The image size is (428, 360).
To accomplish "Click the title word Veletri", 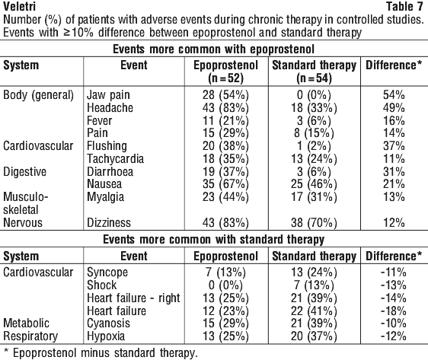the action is coord(19,7).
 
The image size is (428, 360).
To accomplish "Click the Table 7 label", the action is coord(404,7).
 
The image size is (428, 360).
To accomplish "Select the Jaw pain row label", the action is coord(108,95).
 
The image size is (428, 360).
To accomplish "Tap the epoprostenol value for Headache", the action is coord(225,108).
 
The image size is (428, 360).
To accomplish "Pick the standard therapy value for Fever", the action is coord(314,120).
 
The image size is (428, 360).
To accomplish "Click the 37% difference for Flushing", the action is coord(394,146).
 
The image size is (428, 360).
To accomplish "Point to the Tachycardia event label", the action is coord(115,159).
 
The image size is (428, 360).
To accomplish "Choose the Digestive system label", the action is coord(25,172).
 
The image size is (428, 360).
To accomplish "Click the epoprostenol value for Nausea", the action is coord(225,184).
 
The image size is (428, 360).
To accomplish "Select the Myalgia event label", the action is coord(105,197).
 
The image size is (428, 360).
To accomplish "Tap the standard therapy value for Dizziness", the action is coord(314,223).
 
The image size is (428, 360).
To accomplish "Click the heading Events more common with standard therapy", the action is coord(214,240).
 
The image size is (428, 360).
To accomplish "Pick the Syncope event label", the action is coord(107,272).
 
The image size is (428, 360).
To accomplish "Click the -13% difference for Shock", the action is coord(394,285).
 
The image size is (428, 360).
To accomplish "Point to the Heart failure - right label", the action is coord(133,298).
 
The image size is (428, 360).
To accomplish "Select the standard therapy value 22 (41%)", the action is coord(314,311).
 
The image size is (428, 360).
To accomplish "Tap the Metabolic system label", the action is coord(26,323).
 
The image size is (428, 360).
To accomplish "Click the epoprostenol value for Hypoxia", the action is coord(225,336).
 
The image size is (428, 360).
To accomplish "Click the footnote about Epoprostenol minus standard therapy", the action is coord(101,353).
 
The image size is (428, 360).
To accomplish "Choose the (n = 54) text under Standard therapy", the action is coord(315,78).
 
